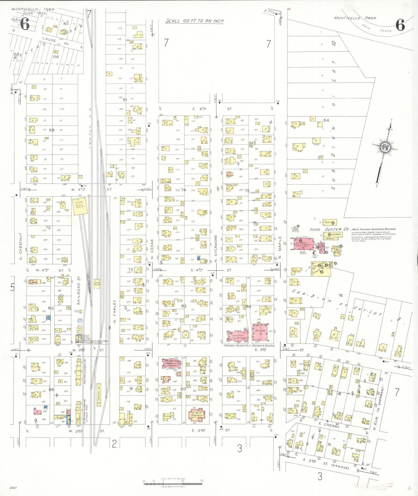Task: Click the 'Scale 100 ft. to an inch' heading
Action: coord(194,21)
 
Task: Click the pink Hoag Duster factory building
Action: coord(303,244)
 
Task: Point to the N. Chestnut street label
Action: coord(21,246)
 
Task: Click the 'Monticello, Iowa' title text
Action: coord(33,9)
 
